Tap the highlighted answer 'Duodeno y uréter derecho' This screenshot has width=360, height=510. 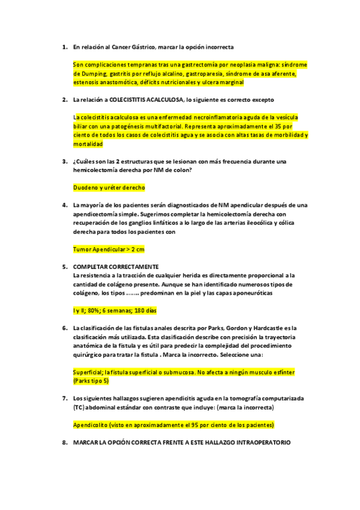click(x=109, y=188)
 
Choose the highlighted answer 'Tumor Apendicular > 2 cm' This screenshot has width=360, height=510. click(x=109, y=249)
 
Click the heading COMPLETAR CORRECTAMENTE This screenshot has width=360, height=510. click(x=115, y=266)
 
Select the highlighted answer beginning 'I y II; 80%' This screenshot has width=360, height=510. click(x=114, y=310)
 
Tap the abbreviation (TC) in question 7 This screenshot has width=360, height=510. click(x=79, y=407)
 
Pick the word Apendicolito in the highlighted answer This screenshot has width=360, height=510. click(x=91, y=425)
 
